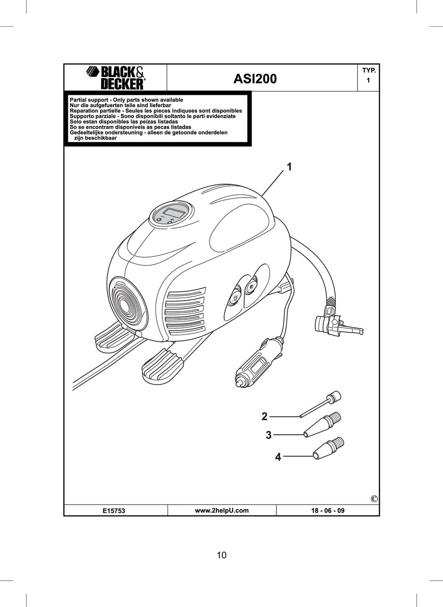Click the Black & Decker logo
pos(116,78)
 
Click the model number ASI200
pos(255,79)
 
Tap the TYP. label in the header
pos(369,71)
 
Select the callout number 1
pos(289,167)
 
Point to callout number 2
pos(264,416)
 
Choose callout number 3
pos(269,435)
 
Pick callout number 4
pos(278,457)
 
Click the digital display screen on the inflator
pos(175,213)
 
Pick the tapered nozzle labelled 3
pos(322,424)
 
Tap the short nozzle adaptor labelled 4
pos(328,448)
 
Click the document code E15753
pos(114,511)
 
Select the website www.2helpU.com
pos(221,510)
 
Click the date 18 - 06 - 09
pos(328,511)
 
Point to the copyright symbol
pos(374,499)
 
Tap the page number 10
pos(221,555)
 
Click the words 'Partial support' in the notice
pos(89,100)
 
